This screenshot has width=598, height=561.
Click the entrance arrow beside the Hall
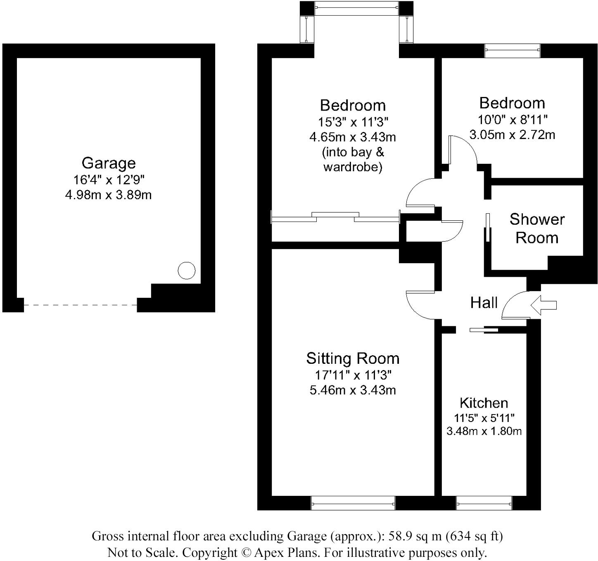[543, 305]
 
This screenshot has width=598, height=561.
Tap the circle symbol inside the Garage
[186, 271]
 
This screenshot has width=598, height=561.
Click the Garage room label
[109, 163]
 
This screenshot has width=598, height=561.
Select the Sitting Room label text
[353, 358]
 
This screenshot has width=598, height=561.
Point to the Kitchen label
[484, 403]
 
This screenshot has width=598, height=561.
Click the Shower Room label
[536, 229]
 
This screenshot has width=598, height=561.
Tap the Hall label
[484, 303]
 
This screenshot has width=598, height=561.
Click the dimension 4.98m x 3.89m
[108, 195]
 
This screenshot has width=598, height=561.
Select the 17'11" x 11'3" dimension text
[353, 375]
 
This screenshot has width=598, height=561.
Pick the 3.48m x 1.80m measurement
[484, 431]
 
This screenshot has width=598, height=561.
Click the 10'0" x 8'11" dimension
[512, 120]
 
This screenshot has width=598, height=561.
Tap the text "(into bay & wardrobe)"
[353, 160]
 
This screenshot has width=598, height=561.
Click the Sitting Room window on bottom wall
[353, 503]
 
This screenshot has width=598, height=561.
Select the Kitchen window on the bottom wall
[484, 503]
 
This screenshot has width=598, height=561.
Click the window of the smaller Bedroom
[512, 50]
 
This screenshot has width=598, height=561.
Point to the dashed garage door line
[81, 305]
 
